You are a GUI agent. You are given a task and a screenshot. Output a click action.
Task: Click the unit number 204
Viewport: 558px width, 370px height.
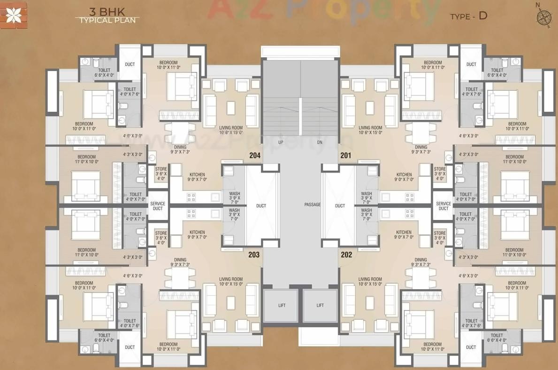255,156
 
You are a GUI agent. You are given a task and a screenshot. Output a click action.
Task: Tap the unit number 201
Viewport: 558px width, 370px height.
345,156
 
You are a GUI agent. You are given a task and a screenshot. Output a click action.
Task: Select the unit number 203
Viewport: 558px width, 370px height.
254,255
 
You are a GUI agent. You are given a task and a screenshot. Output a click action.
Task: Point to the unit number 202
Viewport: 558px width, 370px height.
346,255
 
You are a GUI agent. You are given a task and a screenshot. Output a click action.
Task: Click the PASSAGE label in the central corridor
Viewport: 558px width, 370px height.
312,205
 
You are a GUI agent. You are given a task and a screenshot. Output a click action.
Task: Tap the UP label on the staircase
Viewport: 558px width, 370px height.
281,142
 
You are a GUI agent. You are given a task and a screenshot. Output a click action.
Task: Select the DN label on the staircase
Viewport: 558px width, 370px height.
320,142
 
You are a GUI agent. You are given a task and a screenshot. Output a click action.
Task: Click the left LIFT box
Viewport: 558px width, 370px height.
281,306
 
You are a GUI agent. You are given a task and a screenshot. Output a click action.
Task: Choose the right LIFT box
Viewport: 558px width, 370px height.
320,306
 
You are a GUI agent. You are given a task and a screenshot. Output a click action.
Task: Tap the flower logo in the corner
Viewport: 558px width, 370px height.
13,16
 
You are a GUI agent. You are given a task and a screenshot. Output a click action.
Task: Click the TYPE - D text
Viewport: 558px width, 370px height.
468,16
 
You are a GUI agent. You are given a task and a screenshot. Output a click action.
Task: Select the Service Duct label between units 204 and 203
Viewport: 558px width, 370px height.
158,206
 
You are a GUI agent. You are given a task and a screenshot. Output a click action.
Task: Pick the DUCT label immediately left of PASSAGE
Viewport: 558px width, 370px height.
261,205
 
